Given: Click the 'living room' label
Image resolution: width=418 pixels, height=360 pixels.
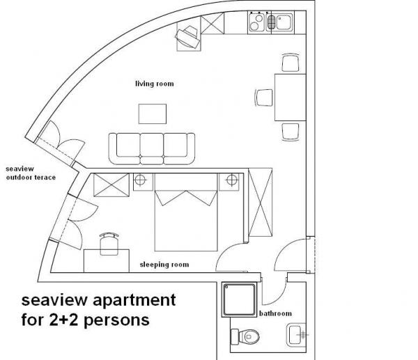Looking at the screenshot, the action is tap(155, 84).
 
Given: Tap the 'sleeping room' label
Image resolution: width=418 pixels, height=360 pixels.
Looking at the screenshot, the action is tap(164, 265).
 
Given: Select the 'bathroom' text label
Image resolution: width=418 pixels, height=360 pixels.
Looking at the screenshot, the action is tap(275, 313).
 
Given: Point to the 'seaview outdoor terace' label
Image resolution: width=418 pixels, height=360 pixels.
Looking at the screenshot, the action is tap(31, 173).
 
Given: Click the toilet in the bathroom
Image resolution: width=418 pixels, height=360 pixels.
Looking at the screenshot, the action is tap(245, 336).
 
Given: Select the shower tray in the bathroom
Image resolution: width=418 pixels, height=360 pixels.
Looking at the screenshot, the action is tap(239, 300).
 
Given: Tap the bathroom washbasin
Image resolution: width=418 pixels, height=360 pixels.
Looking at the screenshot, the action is tap(297, 335).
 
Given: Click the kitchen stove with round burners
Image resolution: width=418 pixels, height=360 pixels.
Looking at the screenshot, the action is tap(256, 22).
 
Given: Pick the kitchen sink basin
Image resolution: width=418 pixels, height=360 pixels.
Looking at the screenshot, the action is tap(284, 22).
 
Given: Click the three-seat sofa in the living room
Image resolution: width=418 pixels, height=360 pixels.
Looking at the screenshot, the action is tap(152, 149).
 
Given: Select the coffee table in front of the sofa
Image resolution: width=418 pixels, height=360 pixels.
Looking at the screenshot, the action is tap(153, 114).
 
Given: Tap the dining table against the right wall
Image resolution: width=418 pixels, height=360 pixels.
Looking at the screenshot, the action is tap(291, 97).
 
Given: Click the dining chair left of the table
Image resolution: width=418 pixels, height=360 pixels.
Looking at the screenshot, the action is tap(264, 97).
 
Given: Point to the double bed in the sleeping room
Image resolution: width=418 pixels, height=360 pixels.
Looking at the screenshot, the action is tap(186, 212).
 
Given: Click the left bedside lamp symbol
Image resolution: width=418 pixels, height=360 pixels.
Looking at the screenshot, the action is tap(140, 180).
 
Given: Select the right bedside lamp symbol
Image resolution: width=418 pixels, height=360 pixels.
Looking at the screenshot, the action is tap(232, 180).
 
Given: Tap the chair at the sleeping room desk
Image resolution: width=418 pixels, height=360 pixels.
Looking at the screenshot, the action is tap(109, 244).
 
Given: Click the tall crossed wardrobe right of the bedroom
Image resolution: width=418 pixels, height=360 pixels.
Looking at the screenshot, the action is tap(261, 202).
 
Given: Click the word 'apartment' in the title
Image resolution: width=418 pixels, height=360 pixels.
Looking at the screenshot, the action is tap(134, 301).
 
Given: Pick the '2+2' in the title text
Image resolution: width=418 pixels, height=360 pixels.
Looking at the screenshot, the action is tap(63, 320).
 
